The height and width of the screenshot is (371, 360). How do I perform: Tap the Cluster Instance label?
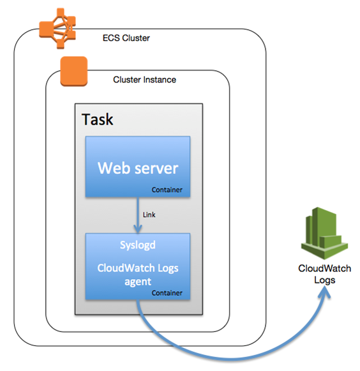144,80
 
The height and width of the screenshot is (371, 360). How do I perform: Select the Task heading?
98,119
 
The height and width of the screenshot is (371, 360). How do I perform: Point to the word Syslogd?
138,245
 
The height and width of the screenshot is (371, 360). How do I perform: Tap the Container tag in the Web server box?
167,190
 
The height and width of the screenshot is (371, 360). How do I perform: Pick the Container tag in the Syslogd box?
167,292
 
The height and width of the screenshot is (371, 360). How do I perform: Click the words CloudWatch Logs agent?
138,274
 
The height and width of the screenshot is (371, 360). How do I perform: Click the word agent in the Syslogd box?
138,281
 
